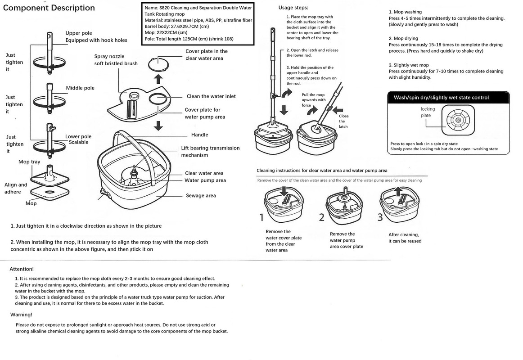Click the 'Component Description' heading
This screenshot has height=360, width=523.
tap(49, 8)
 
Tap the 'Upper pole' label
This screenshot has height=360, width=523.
tap(79, 33)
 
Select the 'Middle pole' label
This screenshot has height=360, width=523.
tap(80, 88)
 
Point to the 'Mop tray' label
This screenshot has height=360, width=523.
tap(29, 162)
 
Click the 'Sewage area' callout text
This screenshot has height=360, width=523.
tap(201, 196)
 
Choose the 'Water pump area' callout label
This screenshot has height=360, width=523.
tap(205, 180)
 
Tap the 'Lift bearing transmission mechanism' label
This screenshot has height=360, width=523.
tap(210, 152)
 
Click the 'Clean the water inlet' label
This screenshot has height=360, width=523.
tap(211, 96)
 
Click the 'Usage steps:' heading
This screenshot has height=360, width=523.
tap(293, 8)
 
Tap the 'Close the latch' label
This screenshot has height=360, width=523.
tap(343, 121)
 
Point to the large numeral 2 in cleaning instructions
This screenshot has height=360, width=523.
tap(321, 217)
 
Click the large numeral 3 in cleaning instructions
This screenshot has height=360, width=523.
tap(380, 217)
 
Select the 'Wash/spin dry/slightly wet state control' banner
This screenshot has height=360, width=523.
tap(441, 97)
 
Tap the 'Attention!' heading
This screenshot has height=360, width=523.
tap(22, 269)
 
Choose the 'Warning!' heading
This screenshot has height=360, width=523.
tap(21, 315)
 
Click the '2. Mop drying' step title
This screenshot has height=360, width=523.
tap(403, 39)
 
